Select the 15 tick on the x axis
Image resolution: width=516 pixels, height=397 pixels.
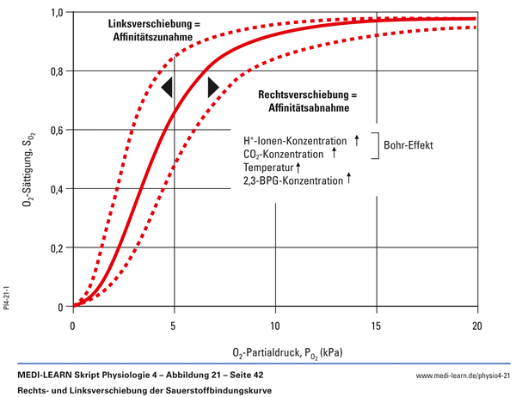(x=376, y=326)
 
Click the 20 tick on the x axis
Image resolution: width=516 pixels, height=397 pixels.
(x=476, y=326)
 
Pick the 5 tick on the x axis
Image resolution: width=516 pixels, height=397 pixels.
(x=175, y=326)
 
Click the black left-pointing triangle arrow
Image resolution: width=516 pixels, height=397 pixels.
(x=167, y=86)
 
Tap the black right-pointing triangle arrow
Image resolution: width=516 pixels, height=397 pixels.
(x=213, y=86)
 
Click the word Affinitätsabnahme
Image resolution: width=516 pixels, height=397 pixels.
(x=307, y=109)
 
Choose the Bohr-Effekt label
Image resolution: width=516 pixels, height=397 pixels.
(x=409, y=145)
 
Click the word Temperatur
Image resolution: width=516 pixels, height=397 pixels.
(x=268, y=167)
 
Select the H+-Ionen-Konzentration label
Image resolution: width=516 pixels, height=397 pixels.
(x=296, y=140)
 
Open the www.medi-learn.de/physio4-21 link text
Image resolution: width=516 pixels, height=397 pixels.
(x=463, y=376)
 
